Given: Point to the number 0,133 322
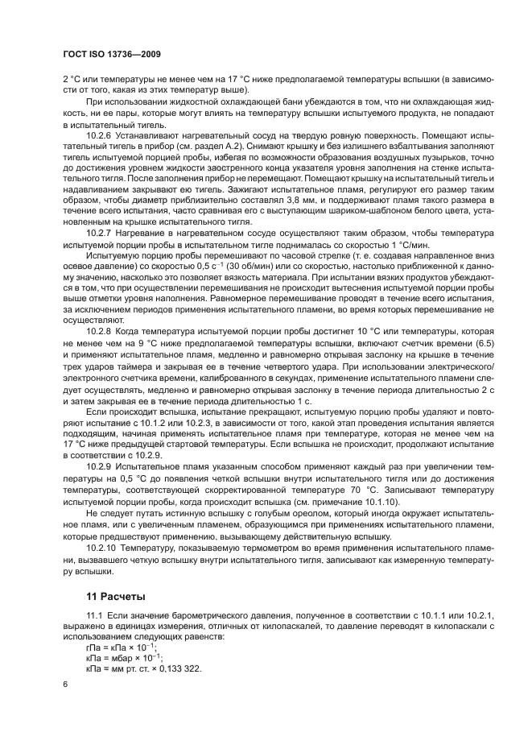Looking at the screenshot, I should tap(179, 670).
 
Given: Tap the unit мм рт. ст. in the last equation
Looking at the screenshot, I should tap(134, 670).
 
